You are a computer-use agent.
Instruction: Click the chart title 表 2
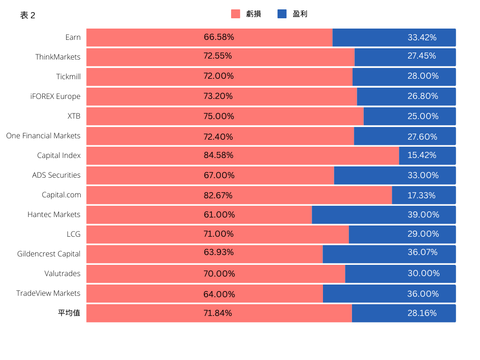point(28,15)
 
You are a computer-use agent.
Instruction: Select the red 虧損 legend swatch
point(235,14)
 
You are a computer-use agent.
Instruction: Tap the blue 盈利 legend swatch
point(282,14)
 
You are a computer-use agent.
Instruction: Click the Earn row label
point(73,37)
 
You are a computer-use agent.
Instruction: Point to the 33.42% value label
point(422,37)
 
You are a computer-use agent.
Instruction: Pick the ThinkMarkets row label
point(58,57)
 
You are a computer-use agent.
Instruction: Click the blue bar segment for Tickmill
point(404,77)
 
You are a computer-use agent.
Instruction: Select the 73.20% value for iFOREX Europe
point(218,96)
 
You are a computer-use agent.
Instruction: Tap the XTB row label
point(74,116)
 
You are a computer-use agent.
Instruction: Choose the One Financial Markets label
point(43,135)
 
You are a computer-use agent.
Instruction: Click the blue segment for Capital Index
point(427,156)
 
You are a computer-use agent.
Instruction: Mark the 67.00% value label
point(219,175)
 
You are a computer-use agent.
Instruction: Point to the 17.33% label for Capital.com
point(421,195)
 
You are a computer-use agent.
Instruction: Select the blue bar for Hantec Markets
point(384,215)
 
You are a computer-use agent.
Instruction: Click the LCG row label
point(74,234)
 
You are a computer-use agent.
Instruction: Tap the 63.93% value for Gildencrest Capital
point(218,252)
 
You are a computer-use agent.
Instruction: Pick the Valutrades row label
point(62,273)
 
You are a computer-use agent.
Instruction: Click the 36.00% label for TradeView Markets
point(423,294)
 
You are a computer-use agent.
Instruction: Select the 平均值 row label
point(69,313)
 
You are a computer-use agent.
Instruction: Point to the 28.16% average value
point(422,313)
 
